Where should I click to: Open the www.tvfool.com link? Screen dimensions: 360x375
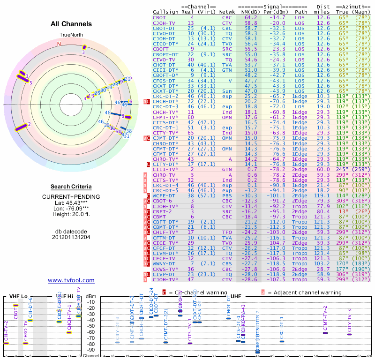[x=71, y=280]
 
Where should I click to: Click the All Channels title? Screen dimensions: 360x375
[x=71, y=24]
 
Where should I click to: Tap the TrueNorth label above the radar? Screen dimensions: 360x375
[x=71, y=36]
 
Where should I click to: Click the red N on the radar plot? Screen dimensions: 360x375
[x=59, y=44]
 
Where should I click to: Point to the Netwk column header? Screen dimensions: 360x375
[x=227, y=12]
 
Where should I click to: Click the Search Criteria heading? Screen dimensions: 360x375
[x=71, y=187]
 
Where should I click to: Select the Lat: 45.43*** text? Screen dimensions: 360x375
[x=71, y=202]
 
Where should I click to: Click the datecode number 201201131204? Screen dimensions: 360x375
[x=71, y=237]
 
